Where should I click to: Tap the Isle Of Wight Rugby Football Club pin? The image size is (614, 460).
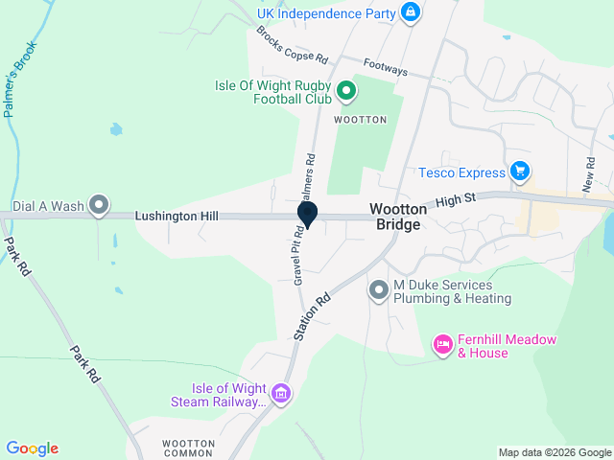click(347, 92)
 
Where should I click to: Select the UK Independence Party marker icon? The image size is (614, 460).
click(410, 12)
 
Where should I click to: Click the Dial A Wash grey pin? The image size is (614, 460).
click(98, 205)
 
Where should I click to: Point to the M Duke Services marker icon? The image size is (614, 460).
click(379, 289)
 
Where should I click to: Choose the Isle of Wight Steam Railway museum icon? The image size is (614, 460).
click(281, 393)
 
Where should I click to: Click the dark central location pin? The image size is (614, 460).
click(308, 215)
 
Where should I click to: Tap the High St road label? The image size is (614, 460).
click(457, 202)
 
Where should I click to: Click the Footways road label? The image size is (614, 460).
click(386, 70)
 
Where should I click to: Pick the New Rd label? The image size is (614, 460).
click(589, 172)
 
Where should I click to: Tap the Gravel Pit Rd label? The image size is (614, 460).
click(298, 255)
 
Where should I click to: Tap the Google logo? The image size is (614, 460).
click(32, 448)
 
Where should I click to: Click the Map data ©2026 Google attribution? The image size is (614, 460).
click(554, 452)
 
